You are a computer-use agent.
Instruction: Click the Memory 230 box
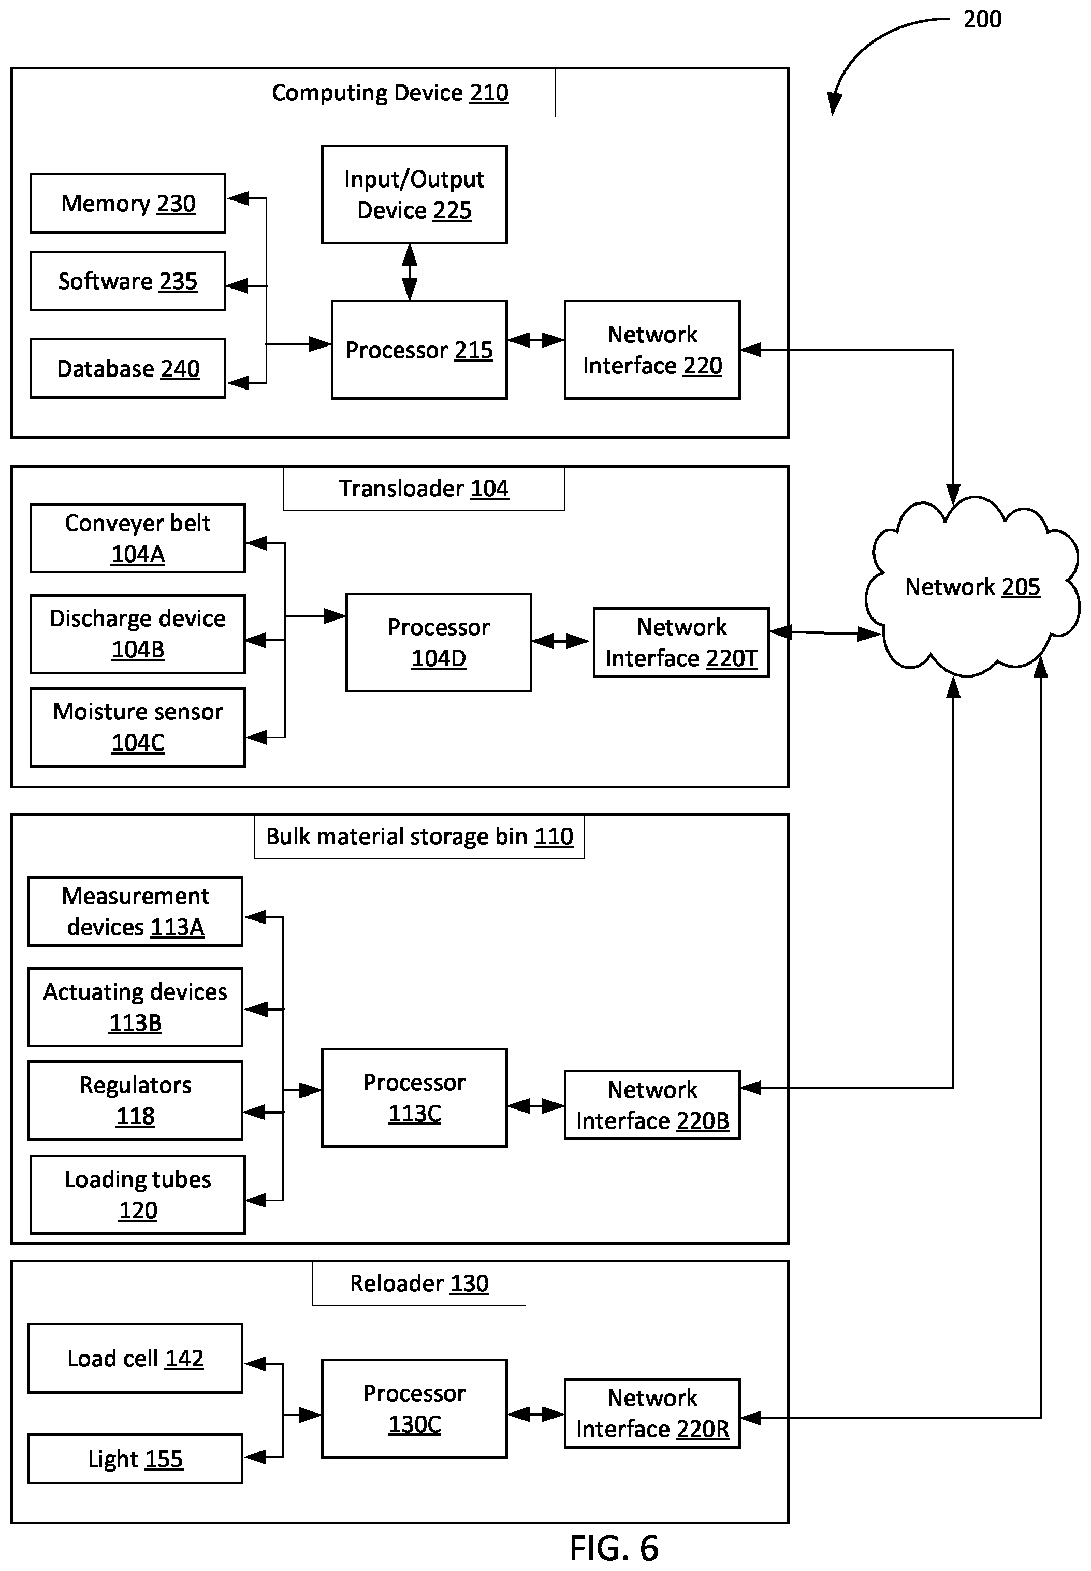tap(128, 203)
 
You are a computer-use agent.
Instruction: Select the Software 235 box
tap(128, 281)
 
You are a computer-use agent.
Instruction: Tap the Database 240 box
tap(128, 368)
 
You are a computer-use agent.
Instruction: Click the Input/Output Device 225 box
tap(414, 194)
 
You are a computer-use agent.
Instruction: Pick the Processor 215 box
tap(419, 349)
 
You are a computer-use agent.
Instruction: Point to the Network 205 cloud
tap(972, 586)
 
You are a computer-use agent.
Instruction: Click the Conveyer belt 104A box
tap(137, 538)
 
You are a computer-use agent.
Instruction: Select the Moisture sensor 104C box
tap(137, 727)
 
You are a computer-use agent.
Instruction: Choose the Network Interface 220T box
tap(681, 642)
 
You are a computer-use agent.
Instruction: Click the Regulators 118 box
tap(135, 1100)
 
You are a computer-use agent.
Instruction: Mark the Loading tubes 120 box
tap(137, 1194)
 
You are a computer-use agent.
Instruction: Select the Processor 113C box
tap(414, 1097)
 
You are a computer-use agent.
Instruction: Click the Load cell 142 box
tap(135, 1359)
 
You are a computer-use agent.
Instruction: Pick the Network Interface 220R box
tap(652, 1413)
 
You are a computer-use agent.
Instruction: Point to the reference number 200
tap(982, 19)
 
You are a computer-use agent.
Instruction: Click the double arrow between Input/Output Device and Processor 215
tap(410, 272)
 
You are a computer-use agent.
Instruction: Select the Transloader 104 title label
tap(424, 488)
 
